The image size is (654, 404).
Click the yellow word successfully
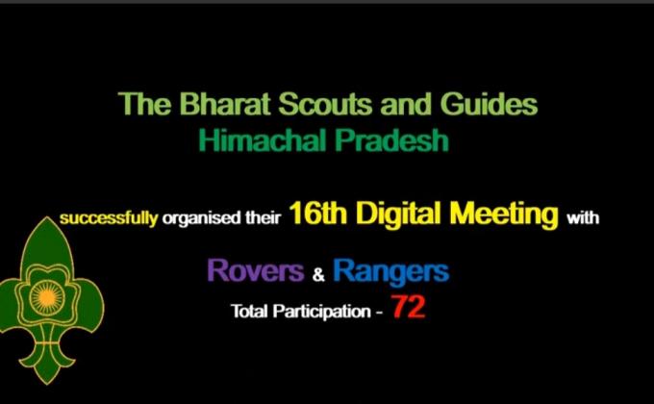tap(108, 217)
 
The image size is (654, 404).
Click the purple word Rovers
tap(255, 272)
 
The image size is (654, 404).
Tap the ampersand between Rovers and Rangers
tap(320, 275)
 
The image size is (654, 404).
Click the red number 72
tap(408, 310)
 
